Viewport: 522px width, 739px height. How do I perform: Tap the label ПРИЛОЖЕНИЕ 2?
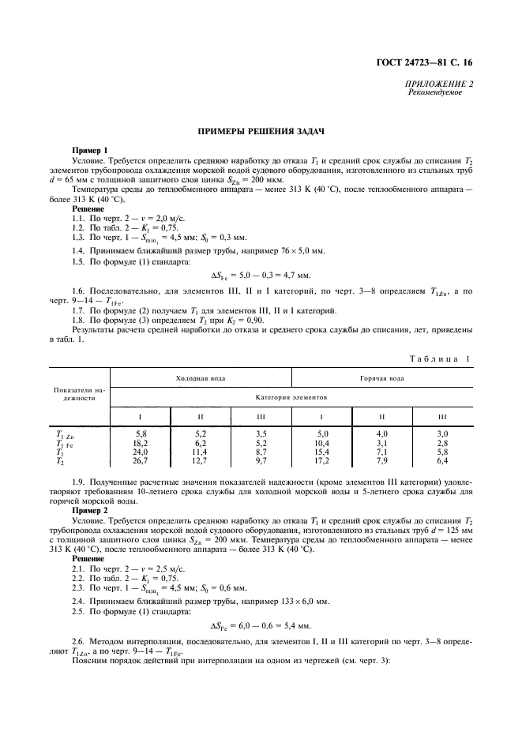[x=439, y=83]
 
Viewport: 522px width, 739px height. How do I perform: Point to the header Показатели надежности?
[x=79, y=394]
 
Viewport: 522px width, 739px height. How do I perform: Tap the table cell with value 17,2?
[x=322, y=460]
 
